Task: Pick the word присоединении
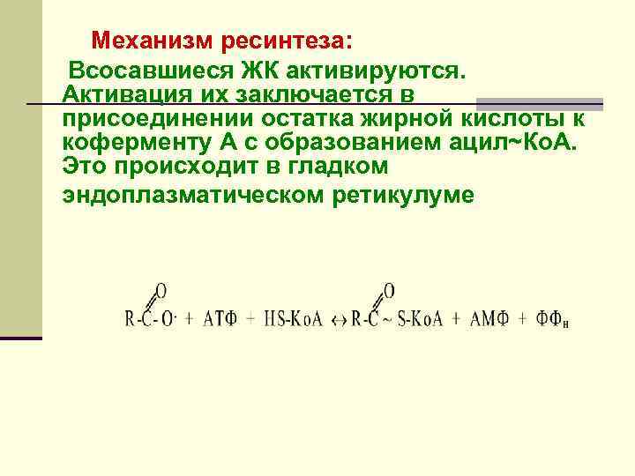pos(151,119)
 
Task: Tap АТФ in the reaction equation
pos(220,317)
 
